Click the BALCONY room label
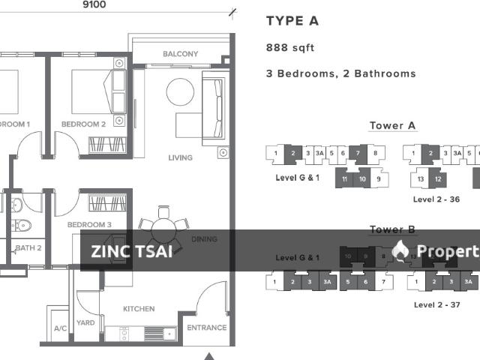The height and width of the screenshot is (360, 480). pos(181,54)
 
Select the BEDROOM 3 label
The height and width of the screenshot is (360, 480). pos(89,224)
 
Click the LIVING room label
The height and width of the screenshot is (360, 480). pos(181,157)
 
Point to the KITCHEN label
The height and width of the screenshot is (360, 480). pos(139,309)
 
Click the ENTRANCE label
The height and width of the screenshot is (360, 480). pos(206,328)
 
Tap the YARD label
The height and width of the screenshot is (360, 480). pos(85,323)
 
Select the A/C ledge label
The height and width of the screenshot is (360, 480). pos(60,328)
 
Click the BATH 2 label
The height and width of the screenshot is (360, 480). pos(28,247)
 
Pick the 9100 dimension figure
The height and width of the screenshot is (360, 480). pos(93,4)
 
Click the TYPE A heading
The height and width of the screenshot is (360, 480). pos(292,21)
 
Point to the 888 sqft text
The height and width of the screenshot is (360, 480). pos(290,48)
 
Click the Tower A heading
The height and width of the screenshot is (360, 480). pos(392,126)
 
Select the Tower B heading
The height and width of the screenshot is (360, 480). pos(392,229)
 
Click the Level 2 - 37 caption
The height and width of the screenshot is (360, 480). pos(436,304)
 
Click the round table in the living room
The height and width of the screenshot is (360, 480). pos(180,92)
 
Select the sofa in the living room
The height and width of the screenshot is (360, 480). pos(213,102)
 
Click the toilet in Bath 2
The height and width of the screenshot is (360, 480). pos(22,223)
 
